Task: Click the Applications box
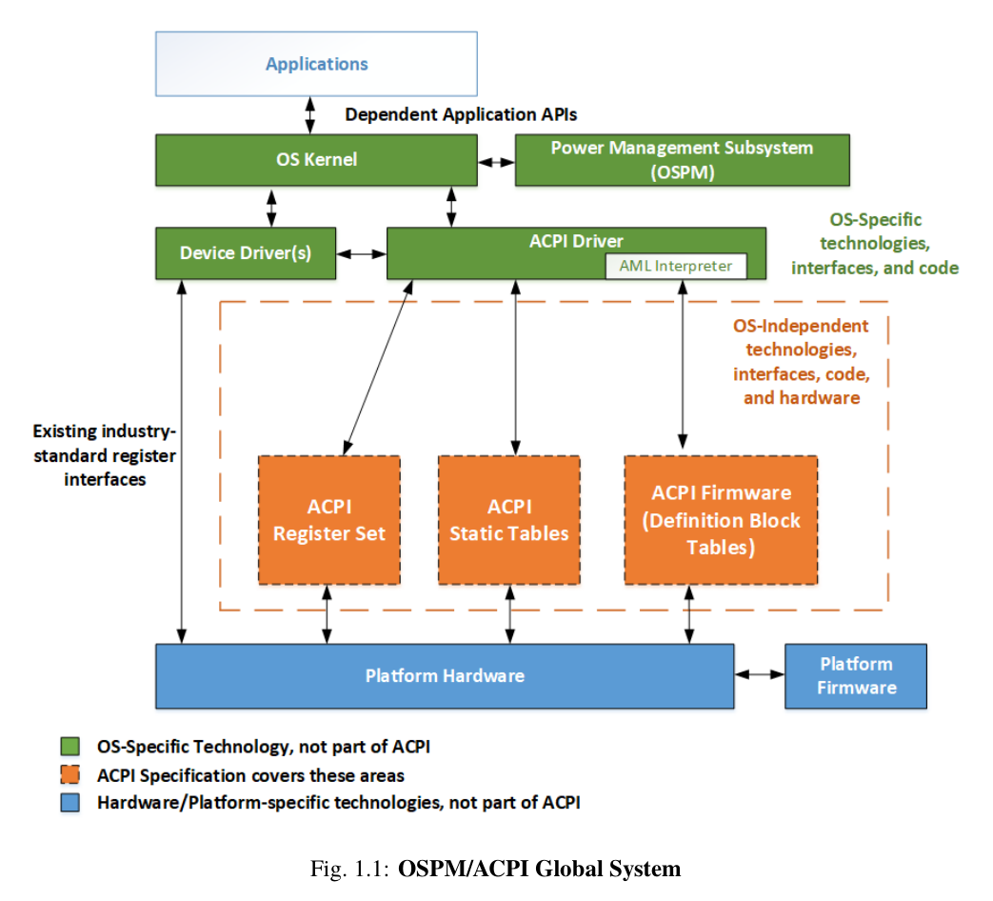(316, 64)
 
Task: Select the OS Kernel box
(316, 159)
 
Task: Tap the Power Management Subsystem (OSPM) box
(682, 159)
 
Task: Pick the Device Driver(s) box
(245, 253)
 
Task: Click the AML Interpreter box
(676, 266)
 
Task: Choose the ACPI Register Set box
(328, 520)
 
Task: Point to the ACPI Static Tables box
(508, 520)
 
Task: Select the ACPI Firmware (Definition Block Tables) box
(721, 520)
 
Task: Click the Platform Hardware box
(445, 676)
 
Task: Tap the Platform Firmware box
(856, 676)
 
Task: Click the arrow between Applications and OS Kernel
(309, 114)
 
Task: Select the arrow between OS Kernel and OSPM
(496, 160)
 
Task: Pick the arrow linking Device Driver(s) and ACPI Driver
(361, 253)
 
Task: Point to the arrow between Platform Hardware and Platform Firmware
(759, 674)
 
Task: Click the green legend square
(69, 746)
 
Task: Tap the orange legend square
(69, 774)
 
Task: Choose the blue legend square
(69, 802)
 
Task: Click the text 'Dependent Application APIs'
(461, 115)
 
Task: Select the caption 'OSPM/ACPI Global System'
(539, 869)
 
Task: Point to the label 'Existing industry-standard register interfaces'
(104, 455)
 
